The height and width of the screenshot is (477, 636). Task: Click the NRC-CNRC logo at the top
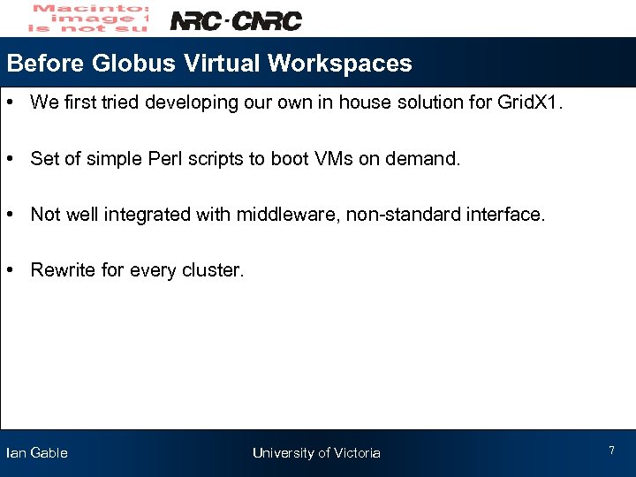pos(235,20)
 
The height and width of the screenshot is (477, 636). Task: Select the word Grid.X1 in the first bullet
pos(528,102)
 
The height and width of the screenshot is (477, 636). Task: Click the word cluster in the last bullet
pos(210,270)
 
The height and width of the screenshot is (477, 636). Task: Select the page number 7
pos(611,451)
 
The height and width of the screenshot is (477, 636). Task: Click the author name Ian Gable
pos(36,453)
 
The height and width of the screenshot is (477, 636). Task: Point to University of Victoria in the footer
pos(316,453)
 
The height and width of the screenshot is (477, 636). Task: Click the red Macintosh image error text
pos(88,18)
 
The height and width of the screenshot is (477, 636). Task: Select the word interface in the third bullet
pos(510,215)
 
